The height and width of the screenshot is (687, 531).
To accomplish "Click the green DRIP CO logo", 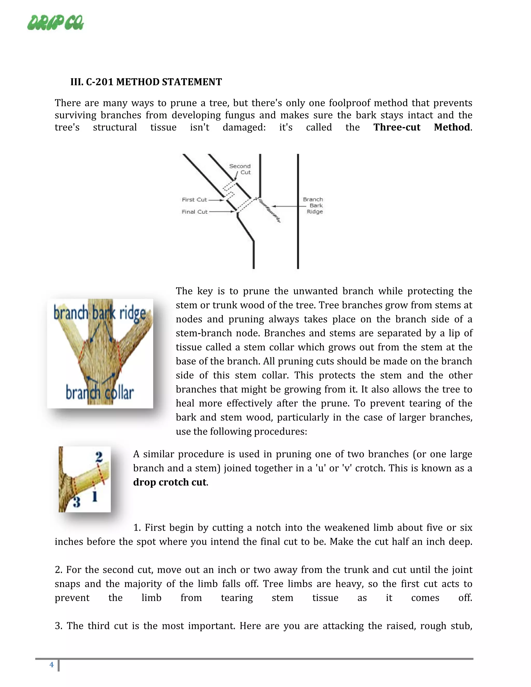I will (x=55, y=23).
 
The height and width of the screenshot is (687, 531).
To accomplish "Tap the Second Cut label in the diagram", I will (x=240, y=169).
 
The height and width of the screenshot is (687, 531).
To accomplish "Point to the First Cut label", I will (x=194, y=199).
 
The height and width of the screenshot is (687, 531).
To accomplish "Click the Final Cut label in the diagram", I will (x=194, y=212).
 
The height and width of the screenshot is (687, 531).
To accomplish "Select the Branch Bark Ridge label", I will (x=313, y=205).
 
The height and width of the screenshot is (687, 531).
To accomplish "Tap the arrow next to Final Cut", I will (x=222, y=212).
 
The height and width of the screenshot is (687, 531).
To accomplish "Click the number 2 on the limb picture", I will (x=99, y=457).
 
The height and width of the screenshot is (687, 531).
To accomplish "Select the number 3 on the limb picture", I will (x=76, y=502).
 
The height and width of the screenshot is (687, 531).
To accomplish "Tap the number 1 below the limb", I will (x=95, y=497).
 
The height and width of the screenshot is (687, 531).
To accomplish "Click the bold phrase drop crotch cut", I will (x=170, y=482).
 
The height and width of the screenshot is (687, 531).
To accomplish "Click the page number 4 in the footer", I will (x=52, y=665).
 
